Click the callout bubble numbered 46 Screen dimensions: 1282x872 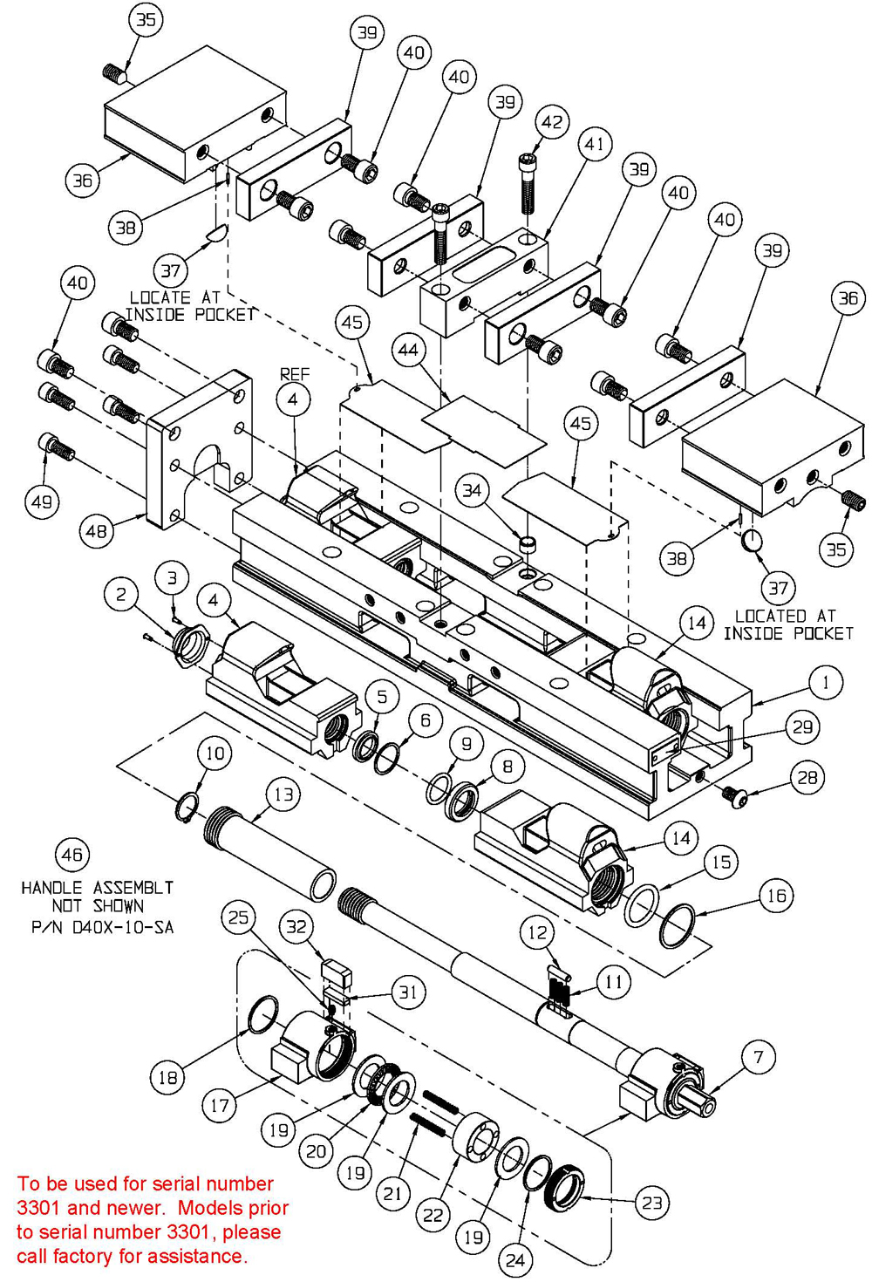[x=72, y=855]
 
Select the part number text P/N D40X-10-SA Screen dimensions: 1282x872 [x=102, y=927]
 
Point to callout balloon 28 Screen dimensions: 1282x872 [x=807, y=777]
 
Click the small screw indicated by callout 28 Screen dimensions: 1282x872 [x=732, y=794]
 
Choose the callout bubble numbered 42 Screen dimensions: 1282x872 [x=552, y=122]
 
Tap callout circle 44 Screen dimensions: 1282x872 [x=408, y=351]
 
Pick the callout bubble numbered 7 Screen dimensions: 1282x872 [x=759, y=1058]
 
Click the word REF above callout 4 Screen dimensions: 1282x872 [x=294, y=374]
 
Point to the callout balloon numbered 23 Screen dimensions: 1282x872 [x=651, y=1204]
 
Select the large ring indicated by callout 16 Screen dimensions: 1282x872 [x=678, y=926]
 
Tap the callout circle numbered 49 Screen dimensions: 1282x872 [x=42, y=501]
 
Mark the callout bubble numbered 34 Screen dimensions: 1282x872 [x=472, y=491]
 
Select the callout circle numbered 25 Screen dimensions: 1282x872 [x=238, y=917]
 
